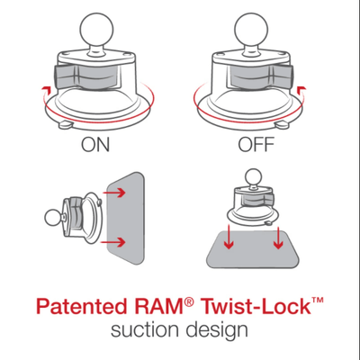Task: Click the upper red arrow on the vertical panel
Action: (116, 191)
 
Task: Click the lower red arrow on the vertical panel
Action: (116, 244)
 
